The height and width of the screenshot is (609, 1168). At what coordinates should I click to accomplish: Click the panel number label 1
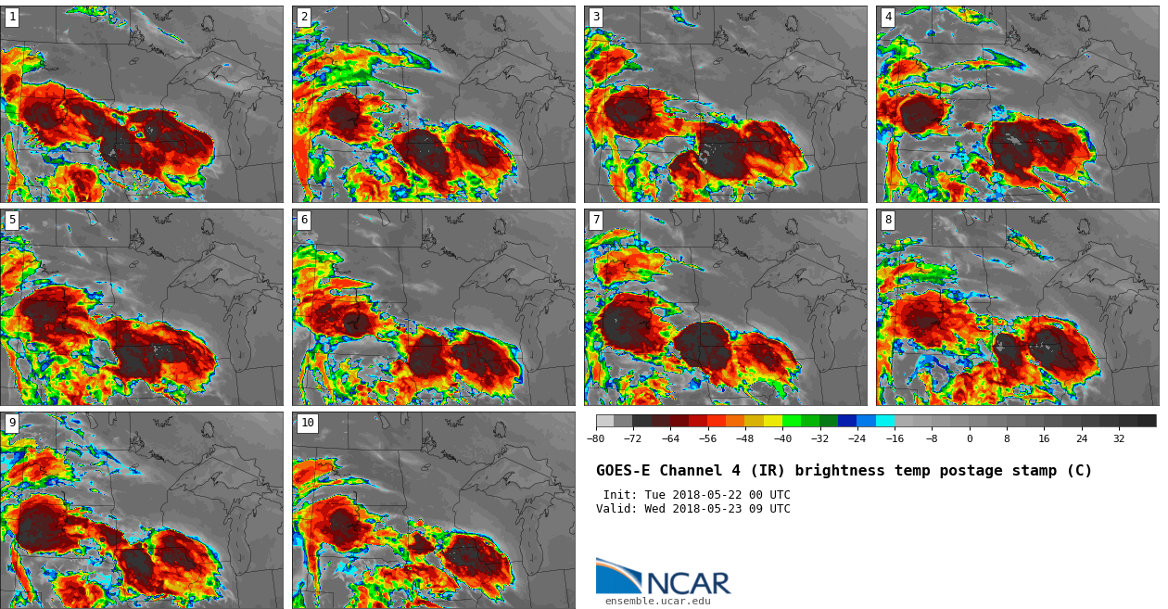pos(12,17)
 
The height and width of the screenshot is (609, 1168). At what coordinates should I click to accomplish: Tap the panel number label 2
pos(304,17)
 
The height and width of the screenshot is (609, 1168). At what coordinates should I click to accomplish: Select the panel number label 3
pos(596,17)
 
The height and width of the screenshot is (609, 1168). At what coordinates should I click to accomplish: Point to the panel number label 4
pos(888,17)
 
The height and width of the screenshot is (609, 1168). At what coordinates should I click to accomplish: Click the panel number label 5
pos(12,220)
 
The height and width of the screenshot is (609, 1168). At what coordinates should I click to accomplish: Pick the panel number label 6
pos(304,220)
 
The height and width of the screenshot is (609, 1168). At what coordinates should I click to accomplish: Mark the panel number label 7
pos(596,220)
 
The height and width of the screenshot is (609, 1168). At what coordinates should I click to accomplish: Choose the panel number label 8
pos(888,220)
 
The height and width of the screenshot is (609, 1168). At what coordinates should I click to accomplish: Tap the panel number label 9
pos(12,423)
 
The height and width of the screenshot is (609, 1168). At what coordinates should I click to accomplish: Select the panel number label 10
pos(307,423)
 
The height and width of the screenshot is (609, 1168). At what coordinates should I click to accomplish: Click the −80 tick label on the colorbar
pos(596,439)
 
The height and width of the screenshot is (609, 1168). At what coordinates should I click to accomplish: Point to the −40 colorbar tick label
pos(782,439)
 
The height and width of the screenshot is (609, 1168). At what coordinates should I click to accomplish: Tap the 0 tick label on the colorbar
pos(970,439)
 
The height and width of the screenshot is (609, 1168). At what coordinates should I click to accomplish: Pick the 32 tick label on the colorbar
pos(1119,439)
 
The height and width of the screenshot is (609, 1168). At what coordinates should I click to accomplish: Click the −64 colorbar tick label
pos(670,439)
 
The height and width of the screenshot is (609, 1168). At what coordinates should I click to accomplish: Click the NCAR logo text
pos(688,584)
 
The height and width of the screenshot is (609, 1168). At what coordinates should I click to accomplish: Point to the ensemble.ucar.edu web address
pos(658,602)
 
